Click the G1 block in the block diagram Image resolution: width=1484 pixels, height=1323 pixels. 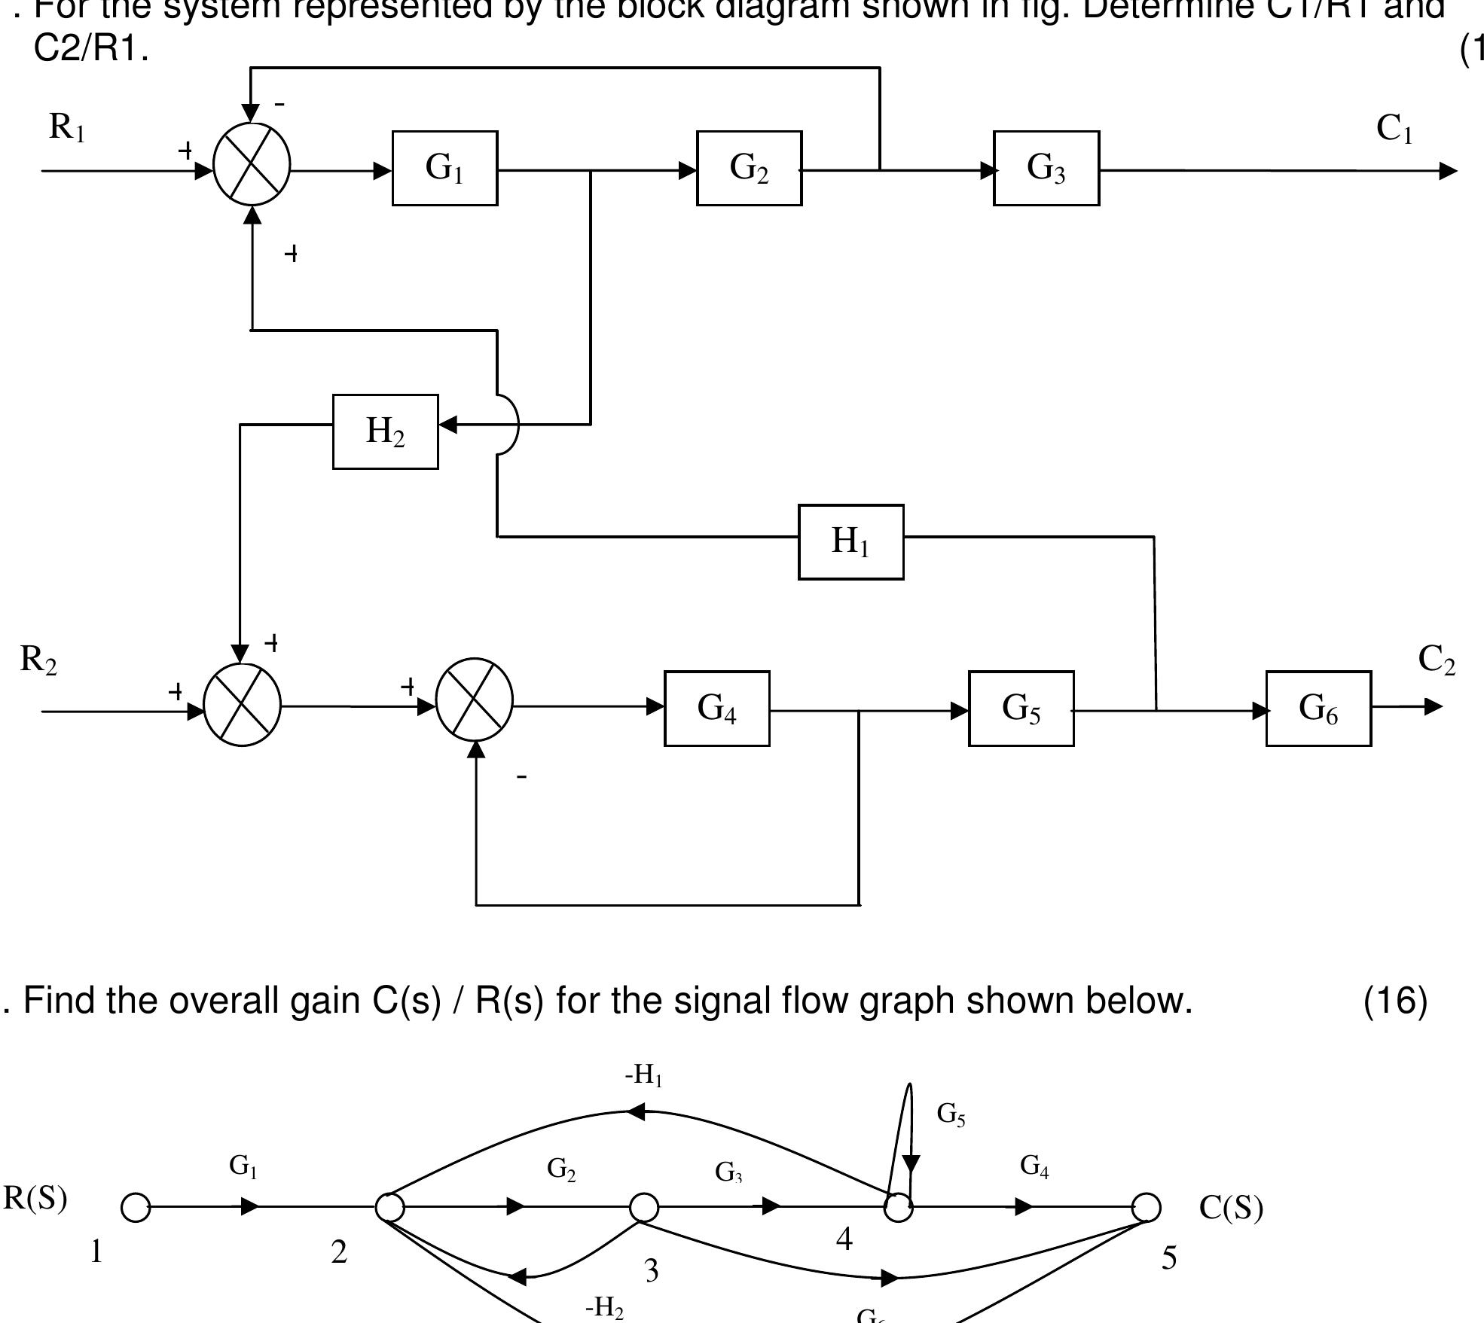pos(444,168)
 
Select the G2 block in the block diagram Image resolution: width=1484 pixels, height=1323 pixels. pos(749,168)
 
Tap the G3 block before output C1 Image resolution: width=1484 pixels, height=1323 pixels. pos(1046,168)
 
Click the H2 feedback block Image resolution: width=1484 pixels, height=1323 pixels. pos(385,431)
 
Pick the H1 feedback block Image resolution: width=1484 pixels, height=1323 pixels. pos(850,542)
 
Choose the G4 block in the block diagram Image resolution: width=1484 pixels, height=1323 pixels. pos(716,709)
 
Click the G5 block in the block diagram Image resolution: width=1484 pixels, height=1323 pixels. pos(1021,709)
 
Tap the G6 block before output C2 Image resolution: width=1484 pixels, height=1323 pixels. pos(1318,709)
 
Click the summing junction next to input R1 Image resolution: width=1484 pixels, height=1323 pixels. pos(252,165)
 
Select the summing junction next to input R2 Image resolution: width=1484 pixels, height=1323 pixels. pos(242,706)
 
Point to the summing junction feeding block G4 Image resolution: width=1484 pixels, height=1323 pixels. pos(475,700)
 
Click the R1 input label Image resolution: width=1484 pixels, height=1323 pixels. pos(67,127)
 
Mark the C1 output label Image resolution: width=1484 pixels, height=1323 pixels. pos(1394,129)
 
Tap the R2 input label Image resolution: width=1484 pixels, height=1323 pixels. pos(38,660)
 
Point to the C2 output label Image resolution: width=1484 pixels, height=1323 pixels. pos(1437,660)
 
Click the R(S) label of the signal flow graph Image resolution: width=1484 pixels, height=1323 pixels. pos(35,1198)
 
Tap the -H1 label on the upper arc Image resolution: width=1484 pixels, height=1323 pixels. pos(643,1075)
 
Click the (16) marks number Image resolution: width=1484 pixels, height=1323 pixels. pos(1395,1001)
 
